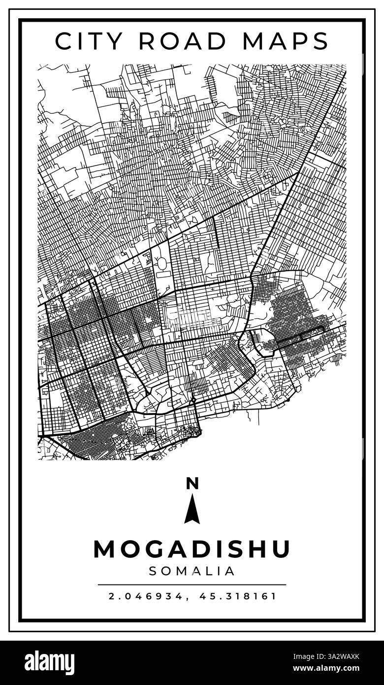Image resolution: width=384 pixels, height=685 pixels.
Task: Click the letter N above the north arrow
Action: coord(192,484)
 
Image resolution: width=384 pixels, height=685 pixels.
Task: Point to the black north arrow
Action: coord(192,510)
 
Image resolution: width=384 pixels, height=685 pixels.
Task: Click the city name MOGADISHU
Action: coord(192,549)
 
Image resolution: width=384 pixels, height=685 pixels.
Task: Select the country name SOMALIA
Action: coord(192,571)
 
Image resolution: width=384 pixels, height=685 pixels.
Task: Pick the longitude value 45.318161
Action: coord(238,596)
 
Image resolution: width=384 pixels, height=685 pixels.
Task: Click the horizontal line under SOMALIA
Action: coord(192,584)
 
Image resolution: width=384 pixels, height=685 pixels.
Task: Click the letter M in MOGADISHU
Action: coord(105,549)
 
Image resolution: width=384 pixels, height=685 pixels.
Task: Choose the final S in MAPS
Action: coord(320,41)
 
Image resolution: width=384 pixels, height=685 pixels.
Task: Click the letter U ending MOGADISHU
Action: coord(280,549)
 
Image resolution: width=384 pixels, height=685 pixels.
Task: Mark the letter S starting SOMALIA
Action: coord(153,571)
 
